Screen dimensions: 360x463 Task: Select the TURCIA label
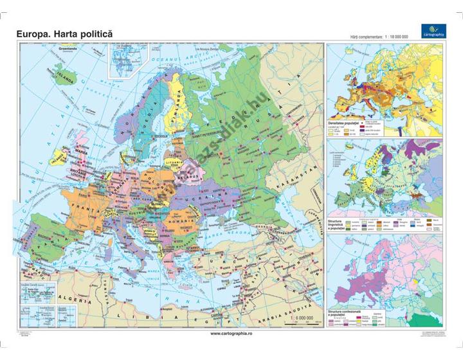tap(235, 265)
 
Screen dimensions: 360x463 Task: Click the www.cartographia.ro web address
tap(232, 334)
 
